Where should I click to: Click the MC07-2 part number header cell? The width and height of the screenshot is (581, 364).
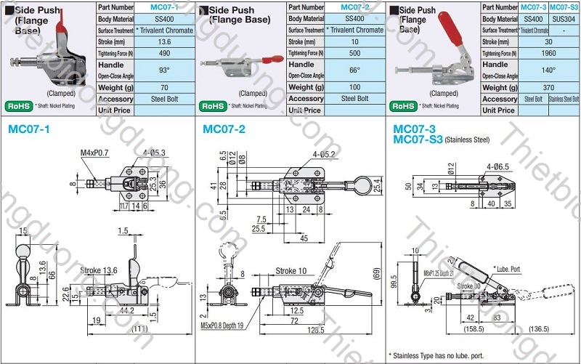coord(354,7)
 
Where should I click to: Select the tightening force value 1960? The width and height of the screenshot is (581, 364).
coord(548,53)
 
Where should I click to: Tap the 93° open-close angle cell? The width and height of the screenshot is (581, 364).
coord(163,70)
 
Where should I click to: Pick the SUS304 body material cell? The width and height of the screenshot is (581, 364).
coord(564,18)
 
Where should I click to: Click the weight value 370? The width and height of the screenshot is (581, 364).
coord(548,87)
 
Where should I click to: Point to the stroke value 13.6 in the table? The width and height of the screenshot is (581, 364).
coord(163,41)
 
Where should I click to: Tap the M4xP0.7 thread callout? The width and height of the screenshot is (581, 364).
coord(94,153)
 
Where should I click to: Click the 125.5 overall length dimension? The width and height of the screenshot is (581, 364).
coord(316,331)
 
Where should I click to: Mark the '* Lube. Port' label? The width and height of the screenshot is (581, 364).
coord(508,269)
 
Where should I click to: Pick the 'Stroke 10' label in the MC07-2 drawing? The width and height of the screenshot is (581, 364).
coord(290,271)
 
